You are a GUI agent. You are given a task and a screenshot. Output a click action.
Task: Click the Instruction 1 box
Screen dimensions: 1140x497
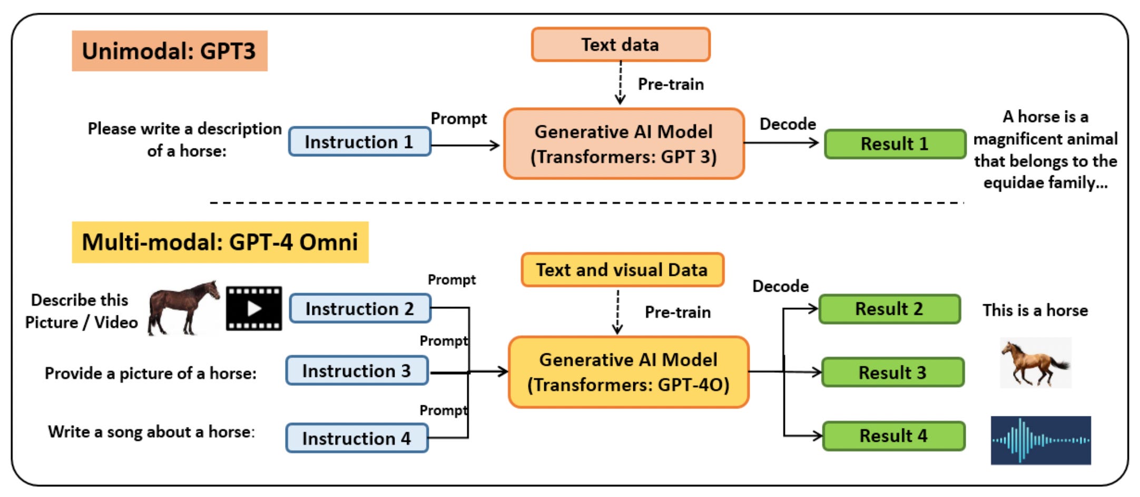coord(360,142)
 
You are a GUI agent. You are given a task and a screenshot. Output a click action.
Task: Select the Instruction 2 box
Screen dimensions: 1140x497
coord(360,309)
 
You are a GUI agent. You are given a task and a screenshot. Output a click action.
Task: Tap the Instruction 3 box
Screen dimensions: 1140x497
coord(357,371)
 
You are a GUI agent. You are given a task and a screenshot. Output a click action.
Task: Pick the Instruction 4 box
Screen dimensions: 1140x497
coord(357,438)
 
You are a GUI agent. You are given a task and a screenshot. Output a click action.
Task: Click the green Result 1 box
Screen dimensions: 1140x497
coord(895,144)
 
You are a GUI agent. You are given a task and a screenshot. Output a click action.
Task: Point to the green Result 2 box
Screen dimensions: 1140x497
coord(890,309)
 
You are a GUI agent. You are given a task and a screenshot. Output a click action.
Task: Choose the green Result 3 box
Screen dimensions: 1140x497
coord(893,372)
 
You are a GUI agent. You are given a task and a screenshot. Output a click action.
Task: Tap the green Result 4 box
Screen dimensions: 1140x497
coord(894,436)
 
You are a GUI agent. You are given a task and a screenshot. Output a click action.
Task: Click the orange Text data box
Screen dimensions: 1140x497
coord(621,45)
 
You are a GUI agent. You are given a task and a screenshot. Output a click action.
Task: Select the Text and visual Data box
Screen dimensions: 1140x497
coord(622,270)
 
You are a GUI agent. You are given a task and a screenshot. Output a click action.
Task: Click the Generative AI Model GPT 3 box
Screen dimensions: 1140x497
coord(624,144)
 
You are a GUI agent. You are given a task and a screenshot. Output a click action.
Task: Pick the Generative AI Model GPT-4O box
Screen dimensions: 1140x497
coord(628,372)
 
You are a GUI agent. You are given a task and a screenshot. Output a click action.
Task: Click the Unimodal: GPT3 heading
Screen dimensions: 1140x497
coord(170,51)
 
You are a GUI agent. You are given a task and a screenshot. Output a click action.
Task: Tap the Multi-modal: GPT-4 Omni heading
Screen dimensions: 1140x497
coord(220,242)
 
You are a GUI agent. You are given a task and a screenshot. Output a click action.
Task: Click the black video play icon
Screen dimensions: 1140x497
coord(254,309)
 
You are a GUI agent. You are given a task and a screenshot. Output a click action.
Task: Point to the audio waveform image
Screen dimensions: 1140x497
coord(1041,441)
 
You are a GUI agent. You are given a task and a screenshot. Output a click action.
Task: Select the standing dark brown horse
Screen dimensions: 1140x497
coord(183,308)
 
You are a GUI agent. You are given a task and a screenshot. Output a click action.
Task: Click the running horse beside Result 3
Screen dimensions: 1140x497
coord(1036,363)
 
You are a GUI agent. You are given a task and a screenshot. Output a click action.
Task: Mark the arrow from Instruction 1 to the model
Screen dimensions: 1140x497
coord(465,145)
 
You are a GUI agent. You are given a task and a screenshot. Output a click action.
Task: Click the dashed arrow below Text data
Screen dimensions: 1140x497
coord(621,83)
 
